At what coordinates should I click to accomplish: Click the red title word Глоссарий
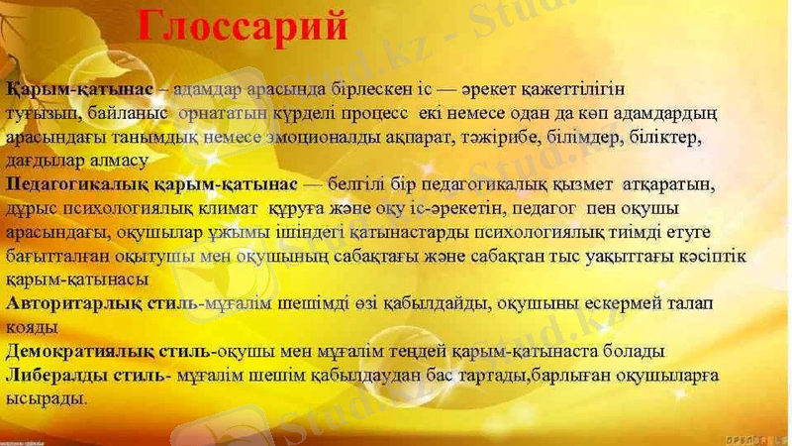tap(242, 26)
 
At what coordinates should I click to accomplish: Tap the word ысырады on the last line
tap(46, 398)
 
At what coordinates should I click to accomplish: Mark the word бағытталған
tap(49, 256)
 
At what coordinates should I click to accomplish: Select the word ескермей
tap(590, 303)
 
